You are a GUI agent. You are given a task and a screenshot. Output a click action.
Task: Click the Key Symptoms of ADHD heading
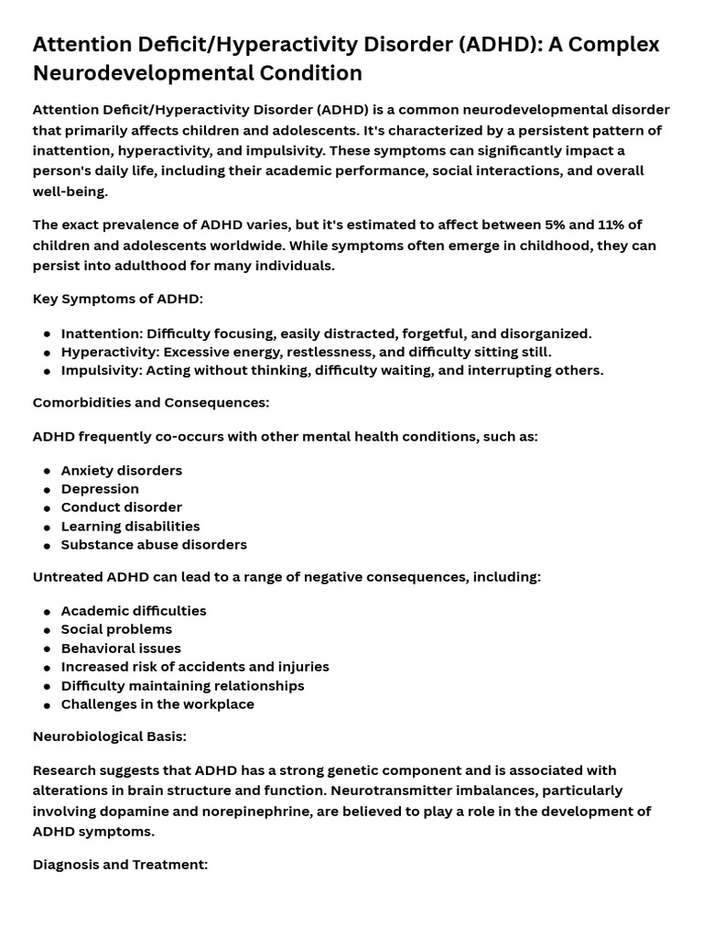[118, 300]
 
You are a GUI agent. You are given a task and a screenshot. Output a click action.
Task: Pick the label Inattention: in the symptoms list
[102, 333]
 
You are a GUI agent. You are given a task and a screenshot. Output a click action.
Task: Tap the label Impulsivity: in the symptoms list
[102, 371]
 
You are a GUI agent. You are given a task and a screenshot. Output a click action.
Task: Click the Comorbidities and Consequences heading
[151, 403]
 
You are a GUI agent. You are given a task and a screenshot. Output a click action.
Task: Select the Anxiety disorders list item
[122, 471]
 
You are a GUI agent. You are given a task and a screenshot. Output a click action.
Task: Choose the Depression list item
[100, 489]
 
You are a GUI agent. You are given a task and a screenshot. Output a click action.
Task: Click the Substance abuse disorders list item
[154, 545]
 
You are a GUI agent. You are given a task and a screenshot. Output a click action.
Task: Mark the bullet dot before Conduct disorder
[47, 508]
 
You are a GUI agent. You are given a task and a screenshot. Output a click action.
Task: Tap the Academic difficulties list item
[134, 611]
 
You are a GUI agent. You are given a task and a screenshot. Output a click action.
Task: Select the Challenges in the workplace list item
[157, 704]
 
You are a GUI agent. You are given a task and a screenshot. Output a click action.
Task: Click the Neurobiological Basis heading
[110, 736]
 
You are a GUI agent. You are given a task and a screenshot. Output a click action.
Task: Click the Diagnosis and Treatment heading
[121, 864]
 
